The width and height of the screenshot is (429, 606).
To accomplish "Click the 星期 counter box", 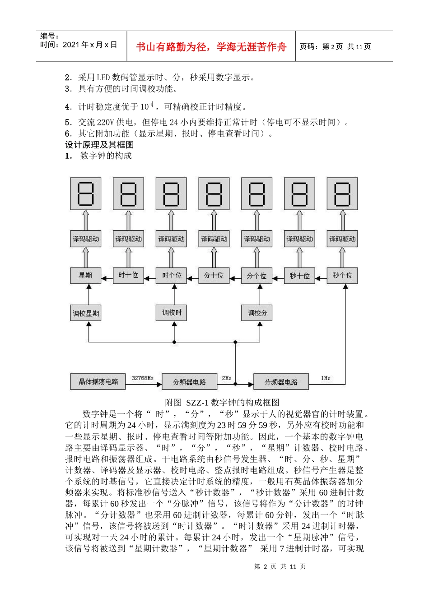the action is [85, 275].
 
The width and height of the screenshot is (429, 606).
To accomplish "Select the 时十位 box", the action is [128, 275].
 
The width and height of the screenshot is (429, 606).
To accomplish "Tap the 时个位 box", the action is [171, 275].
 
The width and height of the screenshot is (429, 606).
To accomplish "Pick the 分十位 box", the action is [214, 275].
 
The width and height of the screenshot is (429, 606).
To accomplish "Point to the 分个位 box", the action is [256, 275].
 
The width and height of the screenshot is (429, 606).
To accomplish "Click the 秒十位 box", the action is [299, 275].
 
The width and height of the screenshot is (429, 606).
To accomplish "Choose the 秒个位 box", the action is [342, 275].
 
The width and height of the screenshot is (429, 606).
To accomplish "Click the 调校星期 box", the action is [85, 313].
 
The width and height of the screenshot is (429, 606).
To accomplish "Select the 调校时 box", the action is [172, 312].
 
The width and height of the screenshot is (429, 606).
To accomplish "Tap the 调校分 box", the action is [257, 312].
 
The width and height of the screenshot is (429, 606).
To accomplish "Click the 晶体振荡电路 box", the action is [98, 381].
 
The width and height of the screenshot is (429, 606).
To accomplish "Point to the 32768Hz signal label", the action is [143, 378].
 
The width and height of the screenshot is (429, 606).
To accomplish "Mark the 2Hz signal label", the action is [227, 378].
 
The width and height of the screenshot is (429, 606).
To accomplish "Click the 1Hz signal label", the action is [326, 378].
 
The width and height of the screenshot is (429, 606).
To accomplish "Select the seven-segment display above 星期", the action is [85, 193].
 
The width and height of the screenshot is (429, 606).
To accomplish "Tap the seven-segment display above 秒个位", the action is [342, 193].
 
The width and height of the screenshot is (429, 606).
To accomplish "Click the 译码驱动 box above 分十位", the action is [214, 239].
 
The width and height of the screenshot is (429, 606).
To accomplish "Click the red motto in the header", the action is [211, 47].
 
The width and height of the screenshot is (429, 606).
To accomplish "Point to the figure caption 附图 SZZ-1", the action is [222, 402].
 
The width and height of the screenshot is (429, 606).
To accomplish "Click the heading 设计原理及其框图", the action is [99, 145].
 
